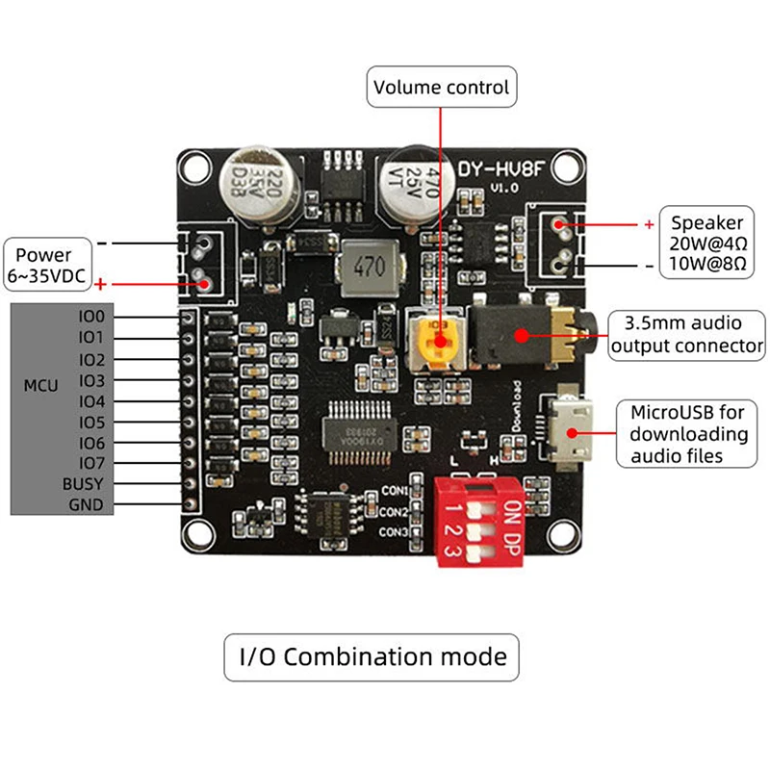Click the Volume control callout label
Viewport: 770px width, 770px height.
pos(442,88)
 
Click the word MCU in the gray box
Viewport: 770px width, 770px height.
pos(40,386)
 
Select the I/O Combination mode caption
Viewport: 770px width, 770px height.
pos(372,657)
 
